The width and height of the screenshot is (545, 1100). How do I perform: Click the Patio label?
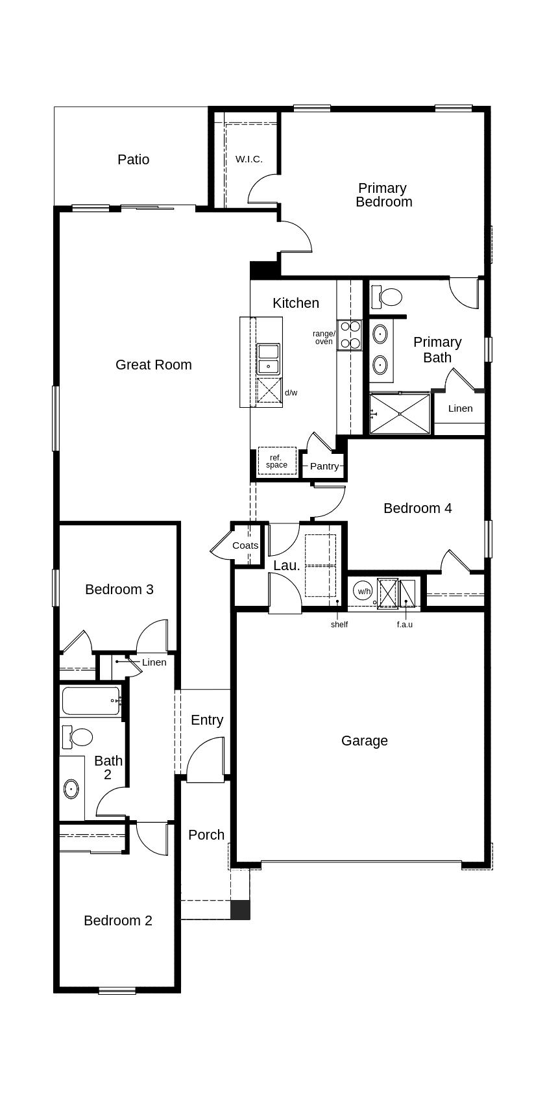coord(134,160)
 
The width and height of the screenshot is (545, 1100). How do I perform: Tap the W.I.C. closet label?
coord(249,159)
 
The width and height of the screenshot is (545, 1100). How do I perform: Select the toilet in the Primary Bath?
coord(386,297)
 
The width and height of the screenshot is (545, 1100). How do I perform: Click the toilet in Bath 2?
coord(77,737)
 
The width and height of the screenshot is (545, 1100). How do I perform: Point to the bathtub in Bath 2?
coord(91,701)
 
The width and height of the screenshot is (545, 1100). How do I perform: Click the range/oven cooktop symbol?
coord(349,334)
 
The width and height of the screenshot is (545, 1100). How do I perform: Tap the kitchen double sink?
coord(268,358)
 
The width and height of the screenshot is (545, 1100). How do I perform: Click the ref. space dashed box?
coord(277,461)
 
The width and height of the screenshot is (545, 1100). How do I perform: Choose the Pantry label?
coord(324,466)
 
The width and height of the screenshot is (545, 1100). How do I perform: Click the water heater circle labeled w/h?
coord(363,592)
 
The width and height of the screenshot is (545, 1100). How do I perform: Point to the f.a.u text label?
coord(405,625)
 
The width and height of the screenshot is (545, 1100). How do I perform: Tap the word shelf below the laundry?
coord(339,625)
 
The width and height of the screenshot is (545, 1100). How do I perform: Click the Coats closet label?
coord(245,545)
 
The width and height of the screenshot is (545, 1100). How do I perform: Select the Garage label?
coord(365,740)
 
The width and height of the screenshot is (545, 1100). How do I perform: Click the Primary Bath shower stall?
coord(400,414)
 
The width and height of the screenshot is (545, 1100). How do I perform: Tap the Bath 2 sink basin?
coord(71,789)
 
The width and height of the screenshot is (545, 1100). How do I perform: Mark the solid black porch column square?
coord(240,910)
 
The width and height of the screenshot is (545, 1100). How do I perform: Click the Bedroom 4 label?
coord(417,508)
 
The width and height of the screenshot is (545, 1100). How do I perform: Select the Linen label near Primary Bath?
coord(460,408)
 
